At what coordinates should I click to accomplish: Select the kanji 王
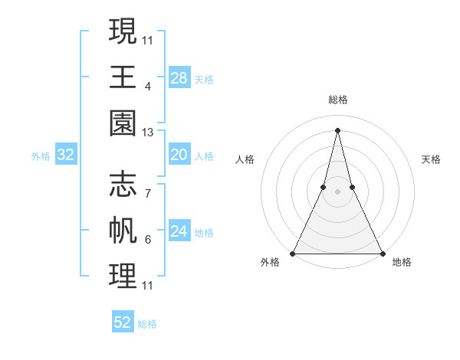click(x=123, y=77)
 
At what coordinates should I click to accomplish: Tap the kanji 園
click(x=123, y=123)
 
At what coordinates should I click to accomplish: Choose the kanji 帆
click(x=123, y=231)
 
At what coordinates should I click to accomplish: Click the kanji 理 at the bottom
click(x=123, y=277)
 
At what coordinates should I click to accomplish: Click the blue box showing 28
click(x=179, y=77)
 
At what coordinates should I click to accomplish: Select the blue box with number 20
click(x=179, y=155)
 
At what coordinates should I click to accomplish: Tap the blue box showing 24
click(x=179, y=232)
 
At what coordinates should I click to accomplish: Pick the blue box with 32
click(x=66, y=155)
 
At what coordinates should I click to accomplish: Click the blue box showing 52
click(x=123, y=322)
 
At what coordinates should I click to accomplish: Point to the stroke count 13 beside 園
click(x=148, y=133)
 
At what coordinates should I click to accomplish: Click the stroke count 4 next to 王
click(x=147, y=87)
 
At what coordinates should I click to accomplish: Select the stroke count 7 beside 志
click(x=147, y=195)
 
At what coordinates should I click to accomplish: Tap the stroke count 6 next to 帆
click(x=147, y=241)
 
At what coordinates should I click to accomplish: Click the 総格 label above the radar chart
click(x=337, y=100)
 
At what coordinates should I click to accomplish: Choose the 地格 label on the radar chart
click(x=402, y=262)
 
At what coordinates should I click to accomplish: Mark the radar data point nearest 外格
click(x=294, y=253)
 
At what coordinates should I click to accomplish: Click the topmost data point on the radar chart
click(x=337, y=129)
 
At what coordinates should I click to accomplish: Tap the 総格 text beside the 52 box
click(x=147, y=324)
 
